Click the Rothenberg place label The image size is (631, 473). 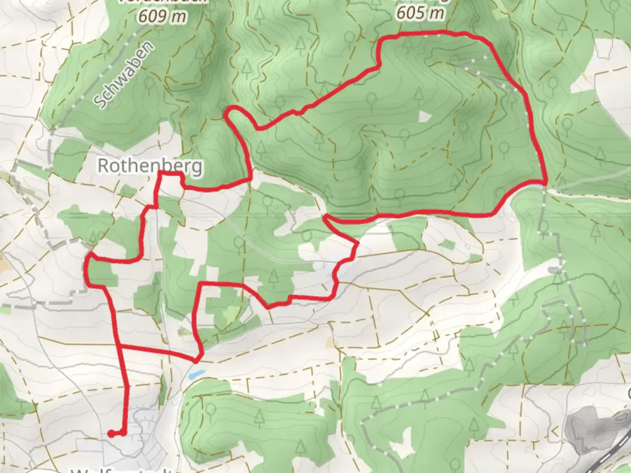coord(150,166)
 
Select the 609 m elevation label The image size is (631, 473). coord(163,16)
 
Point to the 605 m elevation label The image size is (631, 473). coord(420,13)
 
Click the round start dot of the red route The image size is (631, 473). coord(111,434)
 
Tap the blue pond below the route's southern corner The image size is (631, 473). coord(196,374)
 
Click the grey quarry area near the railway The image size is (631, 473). coord(587,427)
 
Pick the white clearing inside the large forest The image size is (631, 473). coord(425,116)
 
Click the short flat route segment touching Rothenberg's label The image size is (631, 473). coord(170,174)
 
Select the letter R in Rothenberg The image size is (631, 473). coord(104,166)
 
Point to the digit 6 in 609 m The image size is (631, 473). coord(143,16)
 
